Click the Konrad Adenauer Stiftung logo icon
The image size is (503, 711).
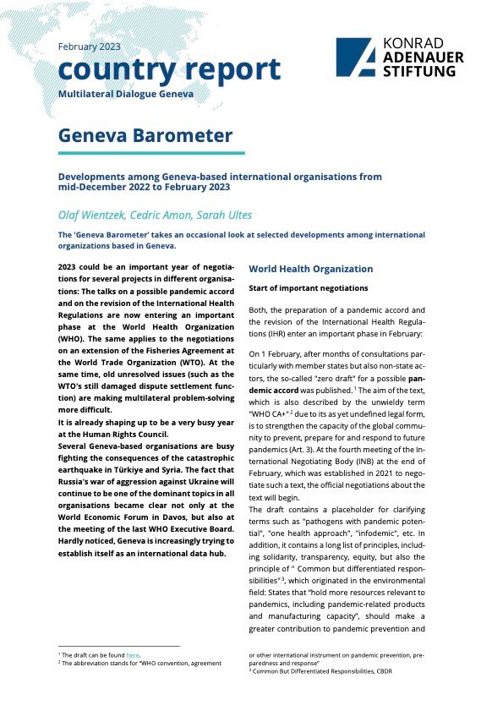pyautogui.click(x=355, y=57)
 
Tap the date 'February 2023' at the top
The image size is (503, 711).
pyautogui.click(x=89, y=46)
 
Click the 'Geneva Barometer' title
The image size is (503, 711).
pyautogui.click(x=145, y=136)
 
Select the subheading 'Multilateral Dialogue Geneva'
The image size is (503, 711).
pyautogui.click(x=125, y=93)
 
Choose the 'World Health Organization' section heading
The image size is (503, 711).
pyautogui.click(x=310, y=269)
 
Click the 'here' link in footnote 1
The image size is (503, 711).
pyautogui.click(x=132, y=654)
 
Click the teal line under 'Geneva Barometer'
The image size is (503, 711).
pyautogui.click(x=151, y=153)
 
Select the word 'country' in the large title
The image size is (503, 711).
pyautogui.click(x=109, y=69)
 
